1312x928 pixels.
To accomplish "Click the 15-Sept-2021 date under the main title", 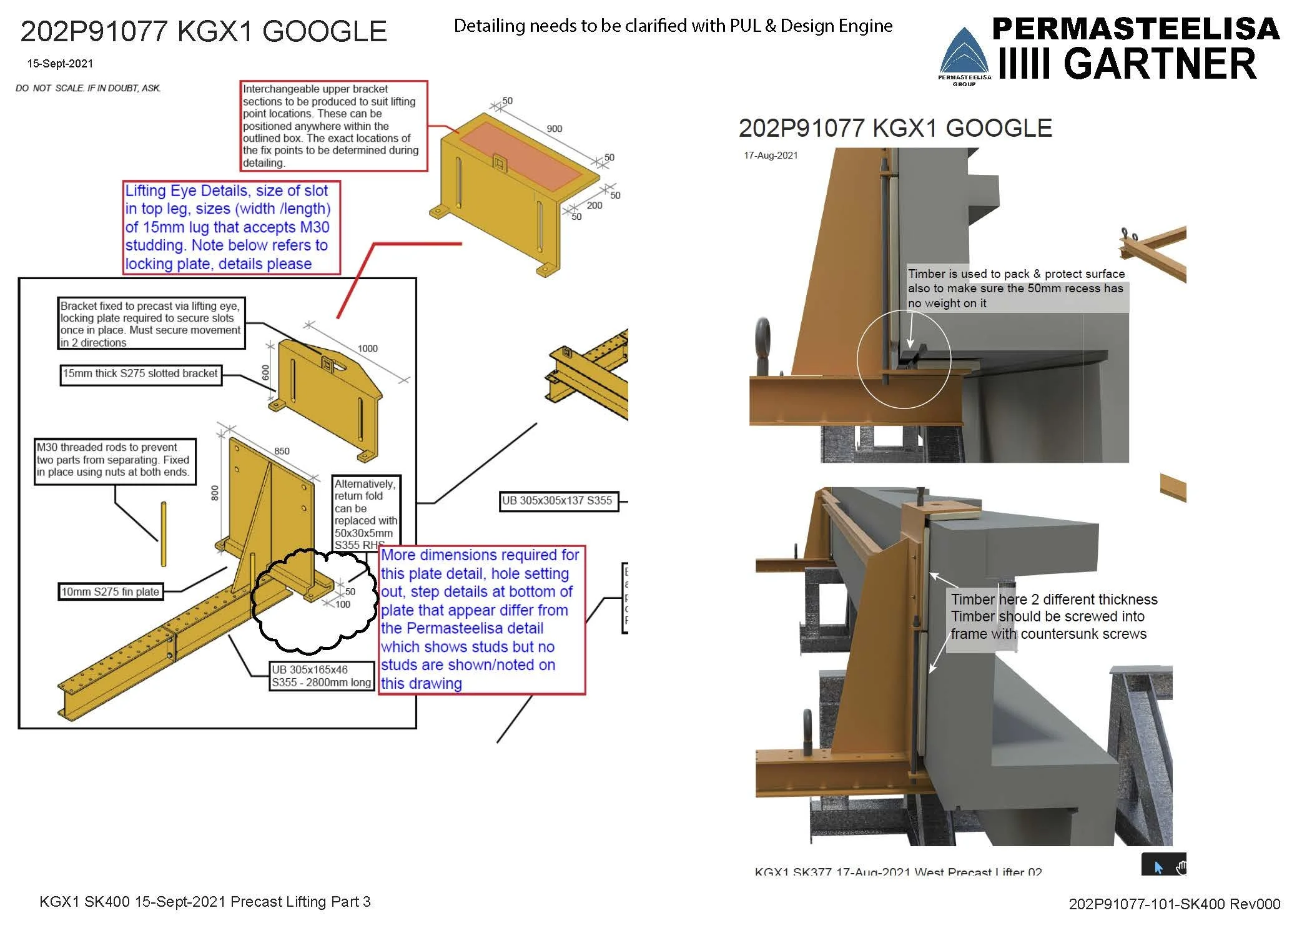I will [x=60, y=64].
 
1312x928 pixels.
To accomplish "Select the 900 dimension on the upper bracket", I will [x=554, y=129].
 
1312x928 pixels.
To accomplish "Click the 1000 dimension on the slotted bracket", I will [x=367, y=348].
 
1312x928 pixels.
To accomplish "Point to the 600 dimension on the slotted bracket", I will [x=266, y=373].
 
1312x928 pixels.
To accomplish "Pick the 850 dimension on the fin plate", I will [x=282, y=451].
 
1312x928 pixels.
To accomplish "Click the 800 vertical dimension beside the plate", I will [x=215, y=493].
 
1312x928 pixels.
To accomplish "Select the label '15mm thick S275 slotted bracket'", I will [x=141, y=374].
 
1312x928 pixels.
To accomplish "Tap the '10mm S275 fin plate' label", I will [x=111, y=591].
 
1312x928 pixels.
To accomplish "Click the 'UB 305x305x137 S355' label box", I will [x=558, y=501].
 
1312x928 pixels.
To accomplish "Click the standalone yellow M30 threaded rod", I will [x=164, y=534].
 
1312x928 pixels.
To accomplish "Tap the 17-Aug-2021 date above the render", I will [x=771, y=155].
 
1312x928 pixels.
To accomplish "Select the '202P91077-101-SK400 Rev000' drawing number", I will [x=1174, y=904].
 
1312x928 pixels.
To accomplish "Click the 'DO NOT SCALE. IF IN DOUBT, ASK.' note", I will [x=88, y=88].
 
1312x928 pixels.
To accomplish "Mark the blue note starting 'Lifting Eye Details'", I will [x=232, y=227].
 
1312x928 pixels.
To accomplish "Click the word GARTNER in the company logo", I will [x=1159, y=64].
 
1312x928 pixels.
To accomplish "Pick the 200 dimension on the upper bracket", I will [x=594, y=205].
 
